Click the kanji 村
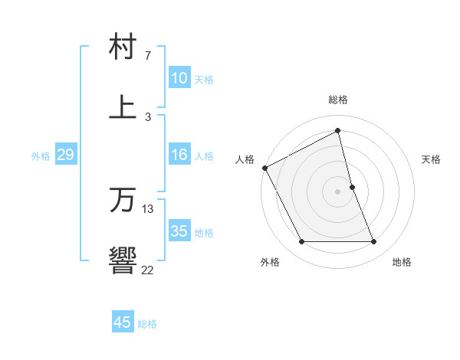(123, 47)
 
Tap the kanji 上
(123, 106)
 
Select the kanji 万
(123, 200)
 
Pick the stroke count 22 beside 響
(147, 269)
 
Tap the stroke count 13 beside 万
(148, 209)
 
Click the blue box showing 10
(179, 78)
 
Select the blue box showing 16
(179, 155)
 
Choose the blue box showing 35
(179, 231)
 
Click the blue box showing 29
(65, 155)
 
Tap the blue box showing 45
(123, 322)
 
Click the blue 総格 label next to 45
(147, 324)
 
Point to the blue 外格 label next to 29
(41, 156)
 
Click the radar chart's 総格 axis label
(338, 100)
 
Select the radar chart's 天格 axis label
(431, 159)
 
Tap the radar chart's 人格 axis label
(245, 159)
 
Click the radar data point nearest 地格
(373, 242)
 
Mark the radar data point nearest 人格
(264, 168)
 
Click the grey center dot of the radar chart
(338, 191)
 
